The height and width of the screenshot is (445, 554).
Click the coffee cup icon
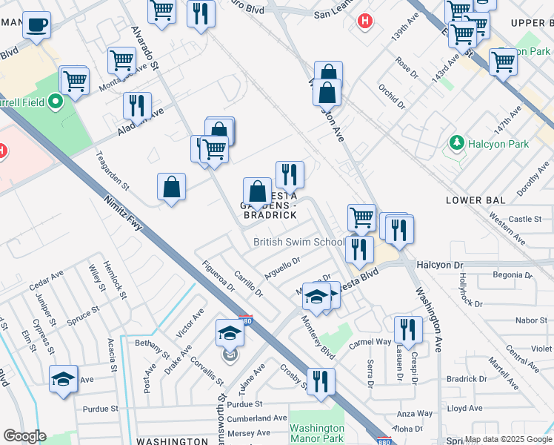[x=36, y=26]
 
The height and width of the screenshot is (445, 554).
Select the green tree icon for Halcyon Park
[x=457, y=142]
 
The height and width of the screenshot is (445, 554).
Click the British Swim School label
[x=298, y=242]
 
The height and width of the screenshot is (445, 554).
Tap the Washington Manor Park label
[x=317, y=433]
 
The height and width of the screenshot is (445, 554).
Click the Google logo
[x=24, y=436]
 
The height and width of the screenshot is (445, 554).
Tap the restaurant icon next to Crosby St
[x=321, y=381]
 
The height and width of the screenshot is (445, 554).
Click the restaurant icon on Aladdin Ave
[x=137, y=105]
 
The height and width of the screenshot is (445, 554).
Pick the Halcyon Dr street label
[x=439, y=265]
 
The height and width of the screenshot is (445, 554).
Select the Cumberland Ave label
[x=258, y=418]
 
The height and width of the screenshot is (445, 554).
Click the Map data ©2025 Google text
[x=508, y=439]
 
